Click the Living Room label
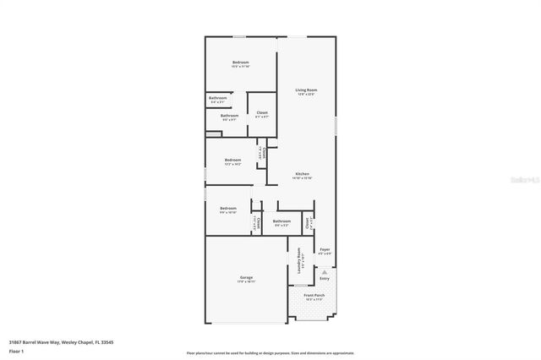click(305, 90)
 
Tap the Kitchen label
click(302, 173)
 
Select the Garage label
click(246, 277)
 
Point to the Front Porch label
click(314, 295)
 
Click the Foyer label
click(325, 248)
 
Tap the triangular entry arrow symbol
click(325, 270)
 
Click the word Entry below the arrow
click(325, 278)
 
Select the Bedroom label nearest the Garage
click(228, 208)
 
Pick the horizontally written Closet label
click(262, 112)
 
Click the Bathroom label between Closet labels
click(281, 221)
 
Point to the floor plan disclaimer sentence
click(270, 352)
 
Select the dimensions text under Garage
click(246, 282)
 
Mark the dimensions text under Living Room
click(305, 95)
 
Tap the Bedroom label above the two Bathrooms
click(242, 63)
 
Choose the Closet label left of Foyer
click(309, 224)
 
